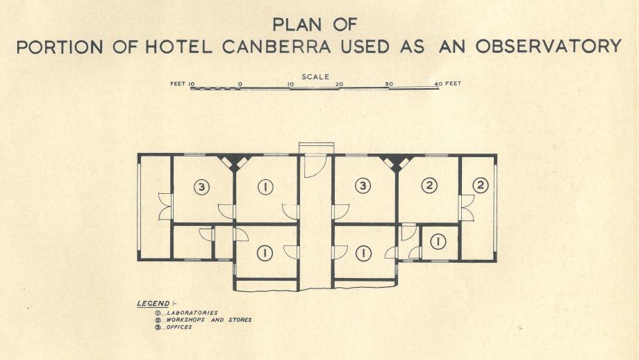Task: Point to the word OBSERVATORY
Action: [x=548, y=47]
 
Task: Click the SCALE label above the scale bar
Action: [x=315, y=76]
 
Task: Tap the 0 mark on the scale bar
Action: [x=240, y=84]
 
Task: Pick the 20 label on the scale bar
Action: [x=339, y=84]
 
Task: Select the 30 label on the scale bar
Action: [x=389, y=84]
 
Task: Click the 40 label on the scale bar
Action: [x=438, y=84]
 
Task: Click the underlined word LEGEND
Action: [x=153, y=304]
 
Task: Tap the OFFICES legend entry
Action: [x=178, y=327]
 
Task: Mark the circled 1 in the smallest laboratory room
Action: [x=438, y=241]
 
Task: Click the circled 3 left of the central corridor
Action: [x=201, y=186]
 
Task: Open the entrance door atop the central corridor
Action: [x=315, y=165]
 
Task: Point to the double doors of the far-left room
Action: [x=165, y=206]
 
